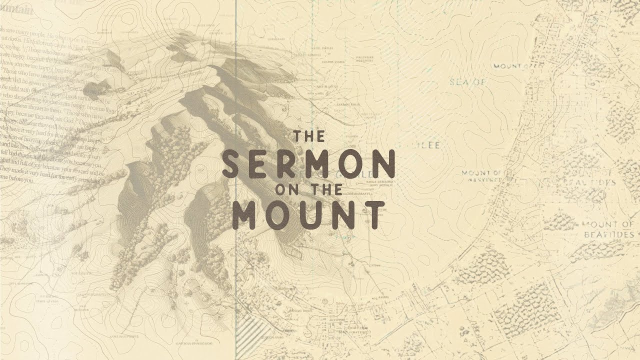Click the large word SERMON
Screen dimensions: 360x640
308,163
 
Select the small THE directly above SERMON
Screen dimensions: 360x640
308,136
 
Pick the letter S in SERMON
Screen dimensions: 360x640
234,163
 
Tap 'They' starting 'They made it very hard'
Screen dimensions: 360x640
8,170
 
